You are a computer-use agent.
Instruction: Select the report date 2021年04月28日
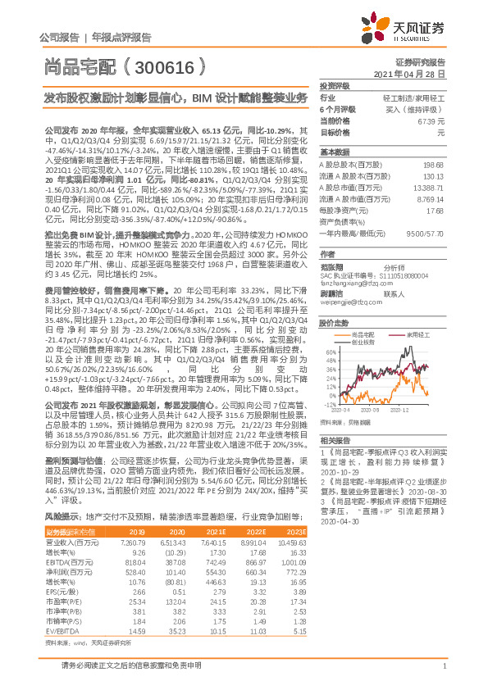415,73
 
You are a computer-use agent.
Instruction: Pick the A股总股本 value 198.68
432,165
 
